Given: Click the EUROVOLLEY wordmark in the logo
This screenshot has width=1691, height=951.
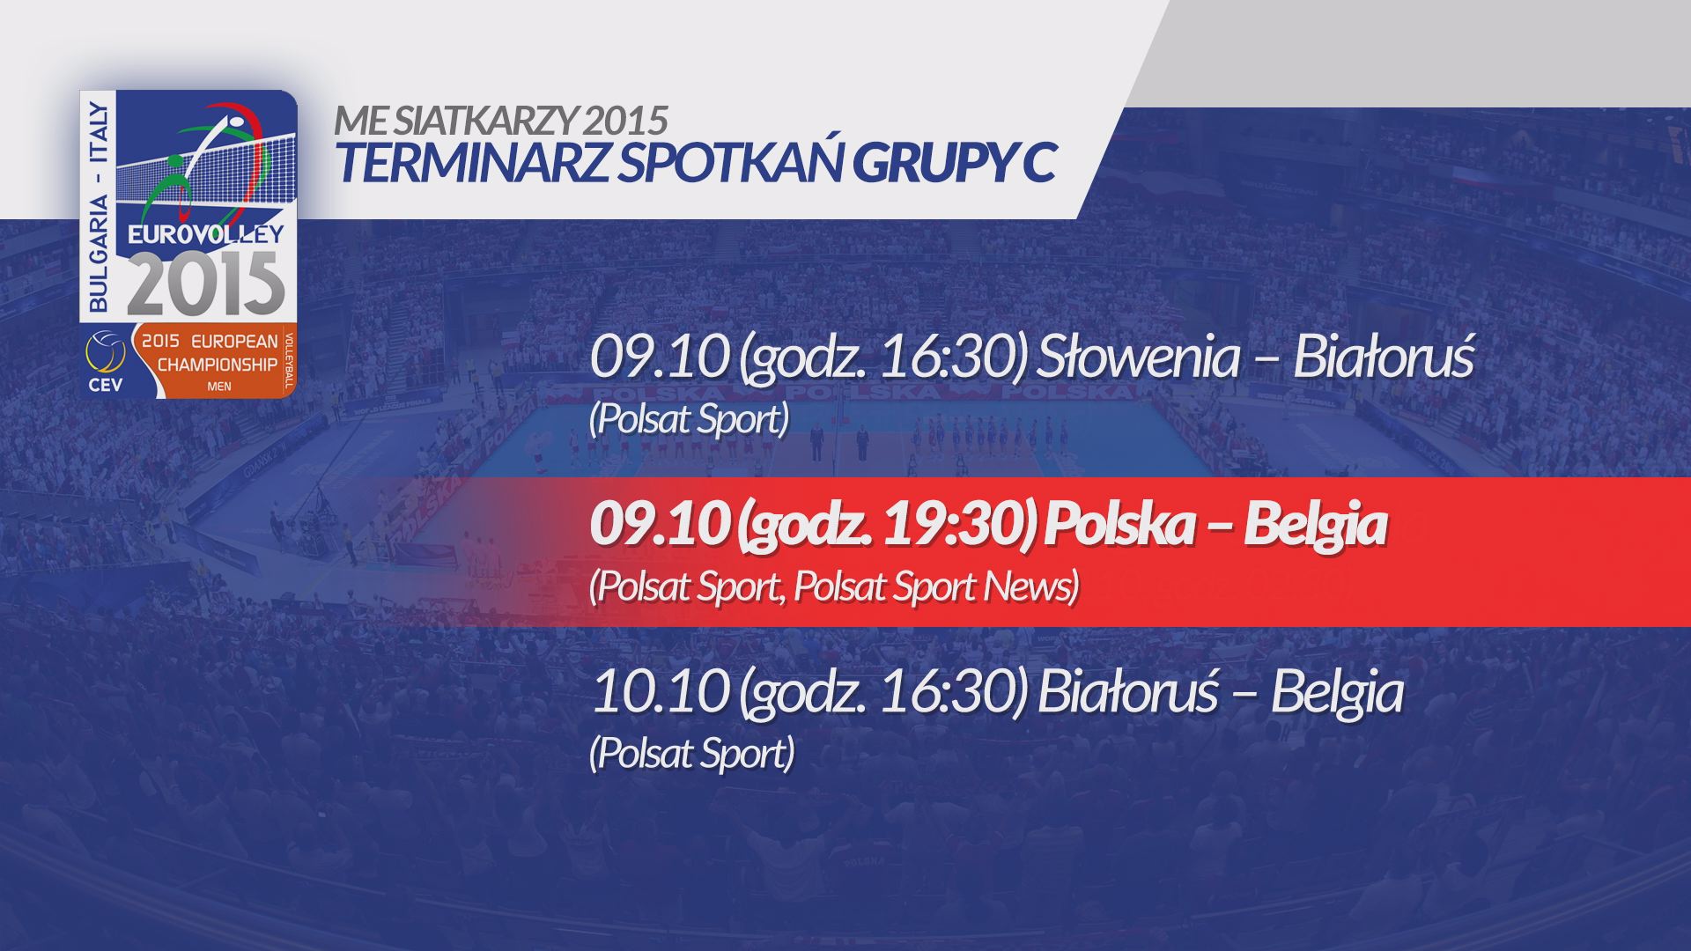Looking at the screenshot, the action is [206, 233].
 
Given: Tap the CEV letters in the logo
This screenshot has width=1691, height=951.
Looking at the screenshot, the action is [106, 384].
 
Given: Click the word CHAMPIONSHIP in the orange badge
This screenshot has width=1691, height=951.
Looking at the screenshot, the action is [218, 364].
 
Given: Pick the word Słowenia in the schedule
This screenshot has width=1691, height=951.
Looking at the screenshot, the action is [1138, 358].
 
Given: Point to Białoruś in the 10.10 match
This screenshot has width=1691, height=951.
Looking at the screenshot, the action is [1127, 692].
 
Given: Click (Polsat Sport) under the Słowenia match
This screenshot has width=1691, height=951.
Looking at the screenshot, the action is [689, 419].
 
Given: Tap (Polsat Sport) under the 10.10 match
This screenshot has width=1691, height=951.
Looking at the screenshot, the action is [692, 754].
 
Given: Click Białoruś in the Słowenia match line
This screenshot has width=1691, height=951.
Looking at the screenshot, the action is [1383, 358].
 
